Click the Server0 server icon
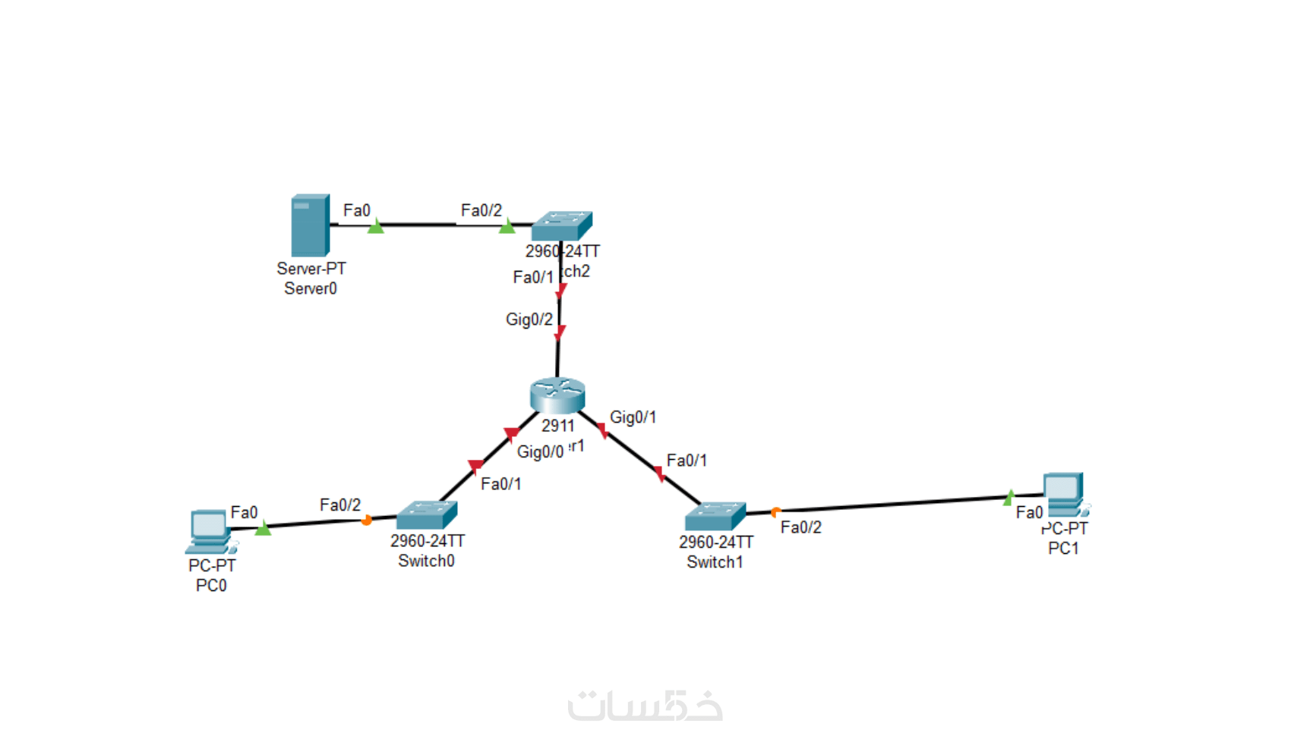tap(310, 225)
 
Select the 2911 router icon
tap(557, 395)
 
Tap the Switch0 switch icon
tap(426, 515)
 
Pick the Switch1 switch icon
tap(715, 516)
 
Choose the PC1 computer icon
tap(1065, 495)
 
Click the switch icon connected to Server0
tap(562, 225)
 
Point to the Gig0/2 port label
tap(529, 319)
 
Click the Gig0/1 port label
tap(633, 417)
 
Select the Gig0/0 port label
tap(540, 452)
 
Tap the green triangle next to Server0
tap(376, 226)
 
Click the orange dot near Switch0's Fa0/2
tap(367, 521)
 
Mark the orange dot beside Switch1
tap(775, 512)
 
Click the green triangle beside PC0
tap(263, 528)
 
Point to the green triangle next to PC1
tap(1009, 498)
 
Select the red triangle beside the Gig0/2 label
tap(560, 332)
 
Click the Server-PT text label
tap(311, 269)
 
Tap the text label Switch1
tap(715, 562)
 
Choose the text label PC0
tap(211, 586)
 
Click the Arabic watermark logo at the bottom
tap(645, 706)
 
